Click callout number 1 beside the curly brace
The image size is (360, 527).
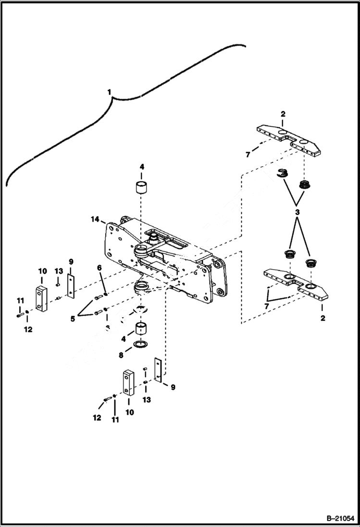click(x=109, y=91)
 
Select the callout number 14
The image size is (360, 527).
click(x=95, y=219)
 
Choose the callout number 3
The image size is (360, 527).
click(x=298, y=212)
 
